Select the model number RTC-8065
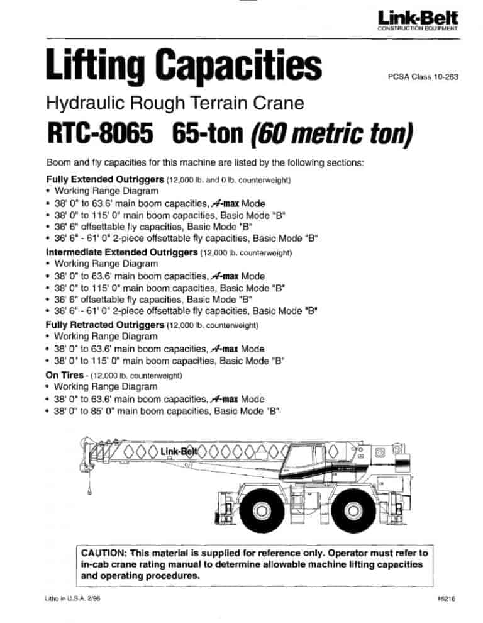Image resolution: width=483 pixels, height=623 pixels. pos(100,133)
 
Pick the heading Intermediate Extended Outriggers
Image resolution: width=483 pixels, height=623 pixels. pos(121,254)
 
